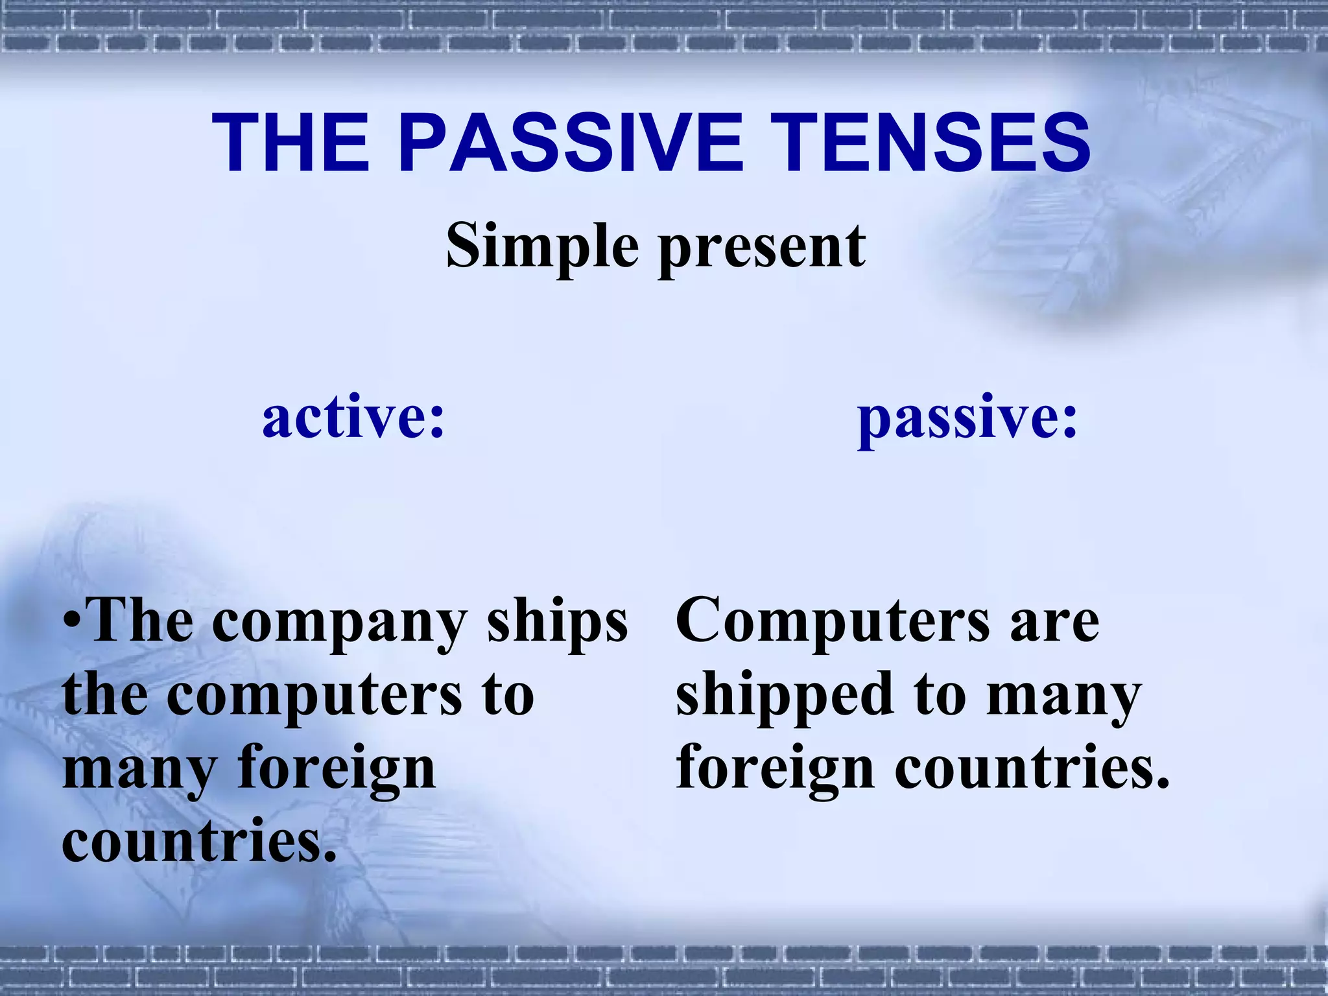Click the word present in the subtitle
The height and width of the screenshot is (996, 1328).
coord(762,250)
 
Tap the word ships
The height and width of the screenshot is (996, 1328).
coord(558,622)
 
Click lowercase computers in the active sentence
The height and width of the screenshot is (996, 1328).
coord(315,696)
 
